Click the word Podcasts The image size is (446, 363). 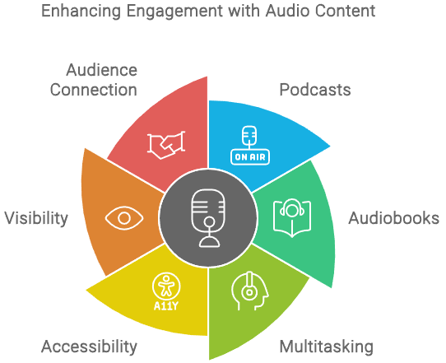[x=315, y=90]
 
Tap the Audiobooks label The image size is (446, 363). [x=393, y=219]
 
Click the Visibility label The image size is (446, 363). [x=35, y=218]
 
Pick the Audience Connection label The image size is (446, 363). [x=93, y=79]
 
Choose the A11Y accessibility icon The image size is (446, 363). [x=166, y=291]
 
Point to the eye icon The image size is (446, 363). [x=123, y=218]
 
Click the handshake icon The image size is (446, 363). [x=165, y=145]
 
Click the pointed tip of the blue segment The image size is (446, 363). [x=332, y=147]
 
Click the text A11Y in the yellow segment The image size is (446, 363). [x=166, y=305]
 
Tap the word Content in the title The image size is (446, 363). [x=352, y=12]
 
